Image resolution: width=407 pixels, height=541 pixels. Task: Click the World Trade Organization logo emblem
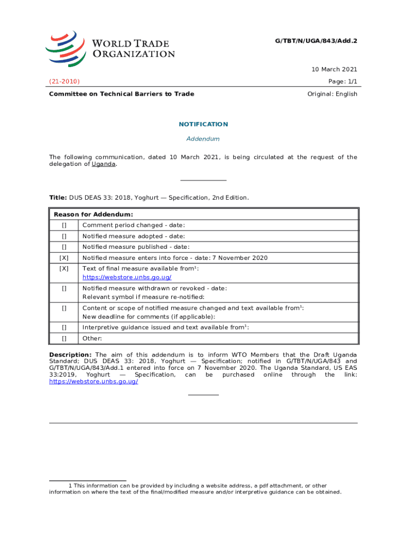click(x=65, y=48)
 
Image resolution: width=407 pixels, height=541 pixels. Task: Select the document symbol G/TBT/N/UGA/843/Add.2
click(x=316, y=40)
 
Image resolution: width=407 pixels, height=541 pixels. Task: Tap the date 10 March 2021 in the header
click(x=335, y=69)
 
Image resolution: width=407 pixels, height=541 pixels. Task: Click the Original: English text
click(x=332, y=94)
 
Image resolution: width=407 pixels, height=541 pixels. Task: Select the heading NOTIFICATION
click(x=203, y=124)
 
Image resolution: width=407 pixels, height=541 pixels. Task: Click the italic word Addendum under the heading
click(x=203, y=139)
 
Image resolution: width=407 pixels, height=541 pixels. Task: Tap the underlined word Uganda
click(x=104, y=164)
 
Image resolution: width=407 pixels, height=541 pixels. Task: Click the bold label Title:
click(x=58, y=198)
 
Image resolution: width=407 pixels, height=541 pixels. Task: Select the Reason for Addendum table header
click(x=93, y=214)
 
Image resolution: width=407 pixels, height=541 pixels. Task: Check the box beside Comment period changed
click(x=64, y=226)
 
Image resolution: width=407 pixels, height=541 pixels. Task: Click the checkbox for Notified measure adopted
click(x=64, y=236)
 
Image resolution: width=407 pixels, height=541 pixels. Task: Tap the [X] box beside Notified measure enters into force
click(x=64, y=258)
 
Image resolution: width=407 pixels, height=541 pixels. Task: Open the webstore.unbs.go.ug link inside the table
click(x=127, y=277)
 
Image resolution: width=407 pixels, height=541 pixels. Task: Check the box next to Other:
click(x=64, y=339)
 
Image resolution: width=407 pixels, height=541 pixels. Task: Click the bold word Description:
click(x=70, y=355)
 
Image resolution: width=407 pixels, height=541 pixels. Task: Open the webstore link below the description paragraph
click(x=94, y=381)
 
